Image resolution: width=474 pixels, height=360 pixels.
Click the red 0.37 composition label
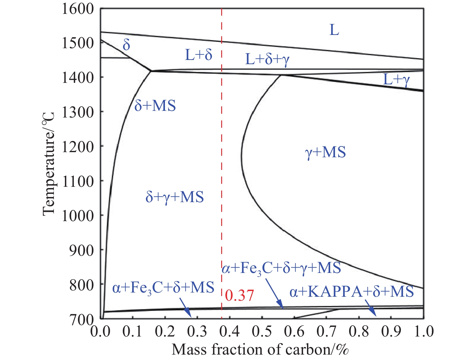click(240, 296)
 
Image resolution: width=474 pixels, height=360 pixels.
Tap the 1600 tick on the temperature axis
click(78, 9)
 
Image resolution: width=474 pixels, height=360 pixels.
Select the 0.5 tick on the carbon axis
click(262, 331)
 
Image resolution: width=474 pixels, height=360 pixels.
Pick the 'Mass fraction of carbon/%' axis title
click(260, 349)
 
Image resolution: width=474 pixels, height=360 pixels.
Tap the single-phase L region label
click(334, 30)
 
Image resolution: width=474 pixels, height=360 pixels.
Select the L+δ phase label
click(199, 55)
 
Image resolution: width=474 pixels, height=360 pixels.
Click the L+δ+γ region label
click(267, 59)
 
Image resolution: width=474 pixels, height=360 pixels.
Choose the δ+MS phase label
click(155, 106)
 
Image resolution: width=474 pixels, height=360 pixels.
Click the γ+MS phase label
click(325, 152)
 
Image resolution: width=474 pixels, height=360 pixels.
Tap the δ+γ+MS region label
click(175, 197)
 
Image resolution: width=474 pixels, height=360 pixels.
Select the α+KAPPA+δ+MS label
click(352, 292)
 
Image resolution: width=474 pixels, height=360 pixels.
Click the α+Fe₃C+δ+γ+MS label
click(281, 268)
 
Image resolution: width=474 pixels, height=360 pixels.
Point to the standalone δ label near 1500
click(126, 45)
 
